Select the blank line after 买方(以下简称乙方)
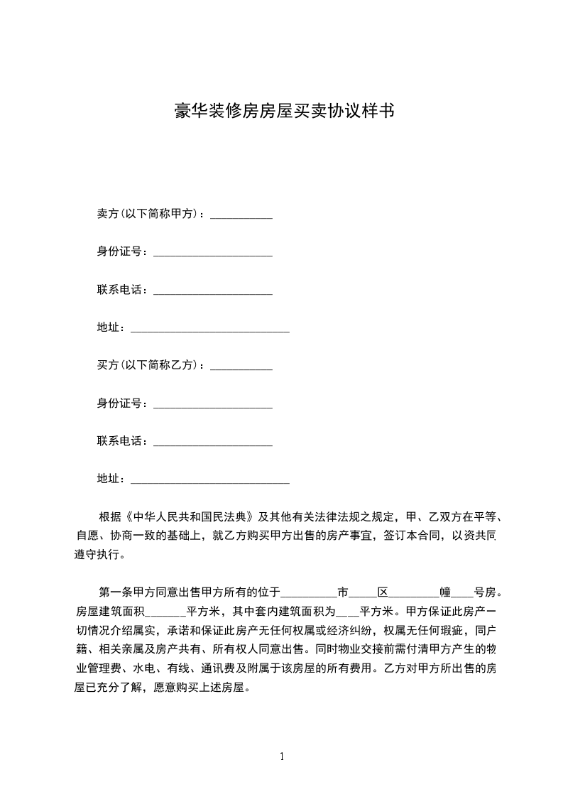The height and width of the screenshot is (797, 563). click(242, 367)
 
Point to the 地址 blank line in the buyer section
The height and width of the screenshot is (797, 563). click(210, 481)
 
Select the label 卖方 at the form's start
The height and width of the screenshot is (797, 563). click(106, 214)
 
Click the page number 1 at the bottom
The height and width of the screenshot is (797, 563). click(282, 757)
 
